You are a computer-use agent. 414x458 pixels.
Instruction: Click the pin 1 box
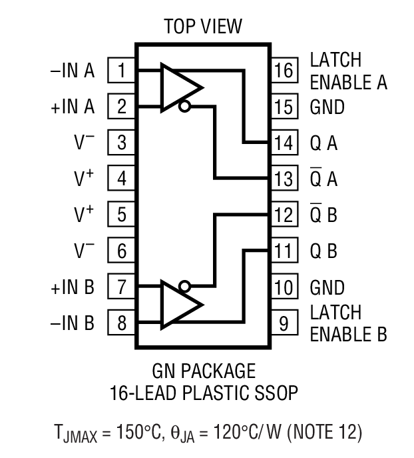tap(122, 70)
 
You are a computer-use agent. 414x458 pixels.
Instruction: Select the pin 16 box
tap(284, 70)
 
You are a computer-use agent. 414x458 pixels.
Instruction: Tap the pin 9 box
tap(284, 324)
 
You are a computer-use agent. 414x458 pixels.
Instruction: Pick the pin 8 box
tap(122, 324)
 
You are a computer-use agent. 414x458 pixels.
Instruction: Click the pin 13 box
tap(284, 179)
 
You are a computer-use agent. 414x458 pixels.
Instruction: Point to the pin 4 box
tap(122, 179)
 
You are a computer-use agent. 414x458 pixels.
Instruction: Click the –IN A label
tap(73, 70)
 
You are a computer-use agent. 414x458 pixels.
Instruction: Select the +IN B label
tap(73, 288)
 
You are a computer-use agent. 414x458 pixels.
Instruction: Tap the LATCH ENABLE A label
tap(348, 71)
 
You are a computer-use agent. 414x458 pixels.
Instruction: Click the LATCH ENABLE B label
tap(348, 323)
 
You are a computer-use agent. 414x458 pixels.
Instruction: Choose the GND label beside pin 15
tap(327, 107)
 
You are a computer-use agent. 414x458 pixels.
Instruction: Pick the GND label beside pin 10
tap(327, 288)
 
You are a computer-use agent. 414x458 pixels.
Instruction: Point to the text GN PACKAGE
tap(203, 371)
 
